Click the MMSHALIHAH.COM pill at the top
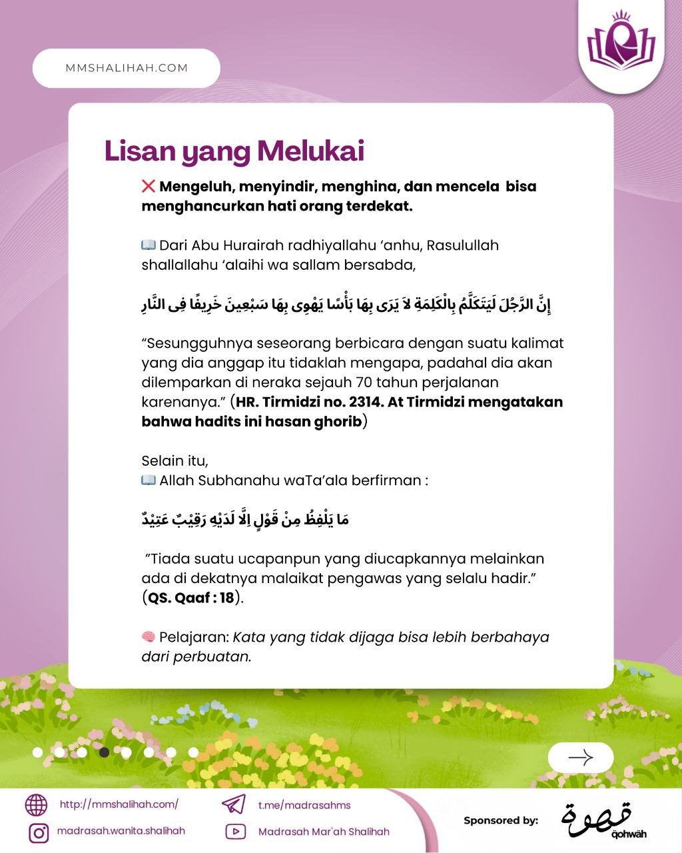127,68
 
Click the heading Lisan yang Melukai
234,151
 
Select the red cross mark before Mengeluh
149,187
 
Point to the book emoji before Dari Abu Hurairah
149,245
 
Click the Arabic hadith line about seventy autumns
346,305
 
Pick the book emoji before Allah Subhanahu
149,480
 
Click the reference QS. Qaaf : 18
191,598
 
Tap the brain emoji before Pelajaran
149,637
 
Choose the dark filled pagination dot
104,752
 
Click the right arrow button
580,758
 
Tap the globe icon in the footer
37,805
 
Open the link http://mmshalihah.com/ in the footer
119,804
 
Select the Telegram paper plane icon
233,804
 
